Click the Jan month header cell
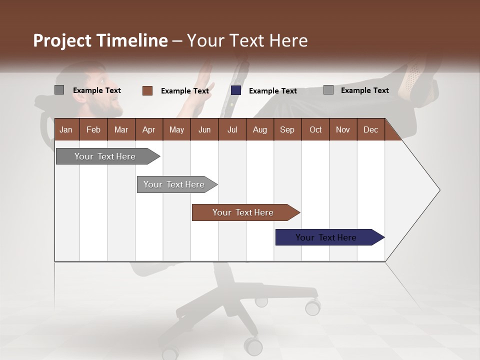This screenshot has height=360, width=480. [66, 129]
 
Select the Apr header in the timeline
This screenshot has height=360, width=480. [148, 129]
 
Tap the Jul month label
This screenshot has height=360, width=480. [232, 129]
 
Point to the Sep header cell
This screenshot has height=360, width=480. [287, 129]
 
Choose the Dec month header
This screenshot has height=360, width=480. [370, 129]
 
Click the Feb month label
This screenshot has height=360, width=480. [93, 129]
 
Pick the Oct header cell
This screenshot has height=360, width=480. [315, 129]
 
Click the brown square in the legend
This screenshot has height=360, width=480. [147, 90]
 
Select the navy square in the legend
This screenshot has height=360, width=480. [236, 90]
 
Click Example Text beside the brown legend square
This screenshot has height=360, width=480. [185, 91]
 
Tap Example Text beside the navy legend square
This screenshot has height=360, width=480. [273, 91]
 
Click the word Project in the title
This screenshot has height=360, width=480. [62, 40]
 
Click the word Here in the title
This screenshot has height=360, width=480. [288, 40]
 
